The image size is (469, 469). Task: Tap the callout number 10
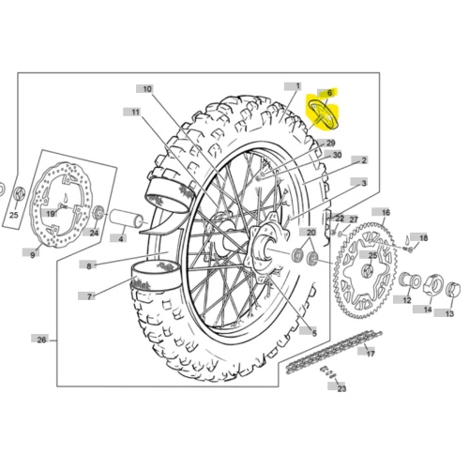pos(147,89)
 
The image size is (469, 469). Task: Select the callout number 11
pos(135,112)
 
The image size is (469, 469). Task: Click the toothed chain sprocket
pos(365,269)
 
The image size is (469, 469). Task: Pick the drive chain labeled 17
pos(334,351)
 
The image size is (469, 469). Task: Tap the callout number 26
pos(41,340)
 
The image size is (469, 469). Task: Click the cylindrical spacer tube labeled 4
pos(126,219)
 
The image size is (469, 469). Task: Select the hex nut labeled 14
pos(433,284)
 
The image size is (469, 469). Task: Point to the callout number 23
pos(341,388)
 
